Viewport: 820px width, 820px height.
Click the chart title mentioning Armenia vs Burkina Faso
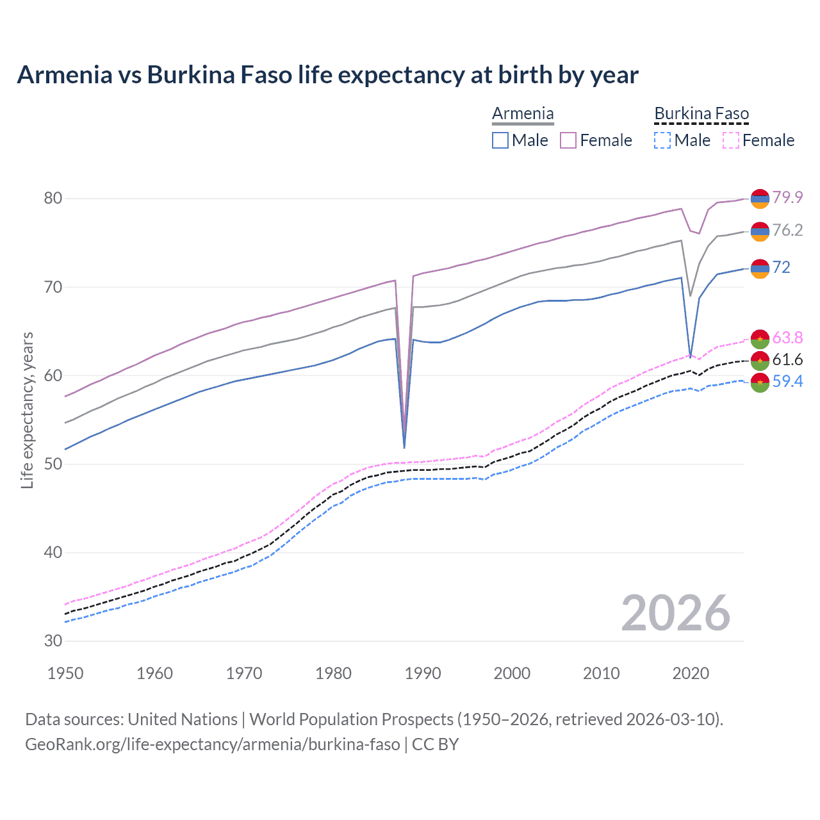[327, 75]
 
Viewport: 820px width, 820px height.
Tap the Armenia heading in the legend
[523, 113]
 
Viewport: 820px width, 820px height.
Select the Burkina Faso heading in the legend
[701, 113]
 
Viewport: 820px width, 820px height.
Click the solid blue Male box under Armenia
[500, 140]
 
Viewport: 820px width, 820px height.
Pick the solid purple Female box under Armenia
[568, 140]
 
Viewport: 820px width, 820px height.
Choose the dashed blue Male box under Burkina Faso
[662, 140]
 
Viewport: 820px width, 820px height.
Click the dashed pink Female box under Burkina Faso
[731, 140]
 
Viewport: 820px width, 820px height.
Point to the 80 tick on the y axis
[53, 199]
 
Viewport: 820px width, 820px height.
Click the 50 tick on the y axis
[53, 464]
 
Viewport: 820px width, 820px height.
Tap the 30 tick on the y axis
[53, 641]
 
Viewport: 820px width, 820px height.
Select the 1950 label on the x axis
[66, 673]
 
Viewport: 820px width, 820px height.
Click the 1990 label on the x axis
[423, 673]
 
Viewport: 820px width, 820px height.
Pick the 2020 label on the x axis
[691, 673]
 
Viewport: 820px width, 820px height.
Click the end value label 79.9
[787, 197]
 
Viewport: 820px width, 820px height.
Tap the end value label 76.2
[787, 230]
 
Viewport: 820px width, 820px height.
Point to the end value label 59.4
[787, 382]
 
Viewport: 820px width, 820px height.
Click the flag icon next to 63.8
[760, 339]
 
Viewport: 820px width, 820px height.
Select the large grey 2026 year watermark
[676, 613]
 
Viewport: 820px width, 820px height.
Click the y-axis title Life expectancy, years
[28, 410]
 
